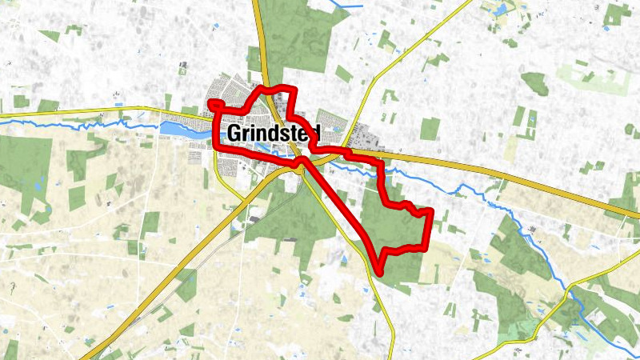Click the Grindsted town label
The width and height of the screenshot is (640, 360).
click(x=277, y=134)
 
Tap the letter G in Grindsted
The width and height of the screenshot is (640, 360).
click(x=234, y=134)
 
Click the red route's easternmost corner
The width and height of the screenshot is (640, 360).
click(x=431, y=211)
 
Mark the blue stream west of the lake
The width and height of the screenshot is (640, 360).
click(x=80, y=125)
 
